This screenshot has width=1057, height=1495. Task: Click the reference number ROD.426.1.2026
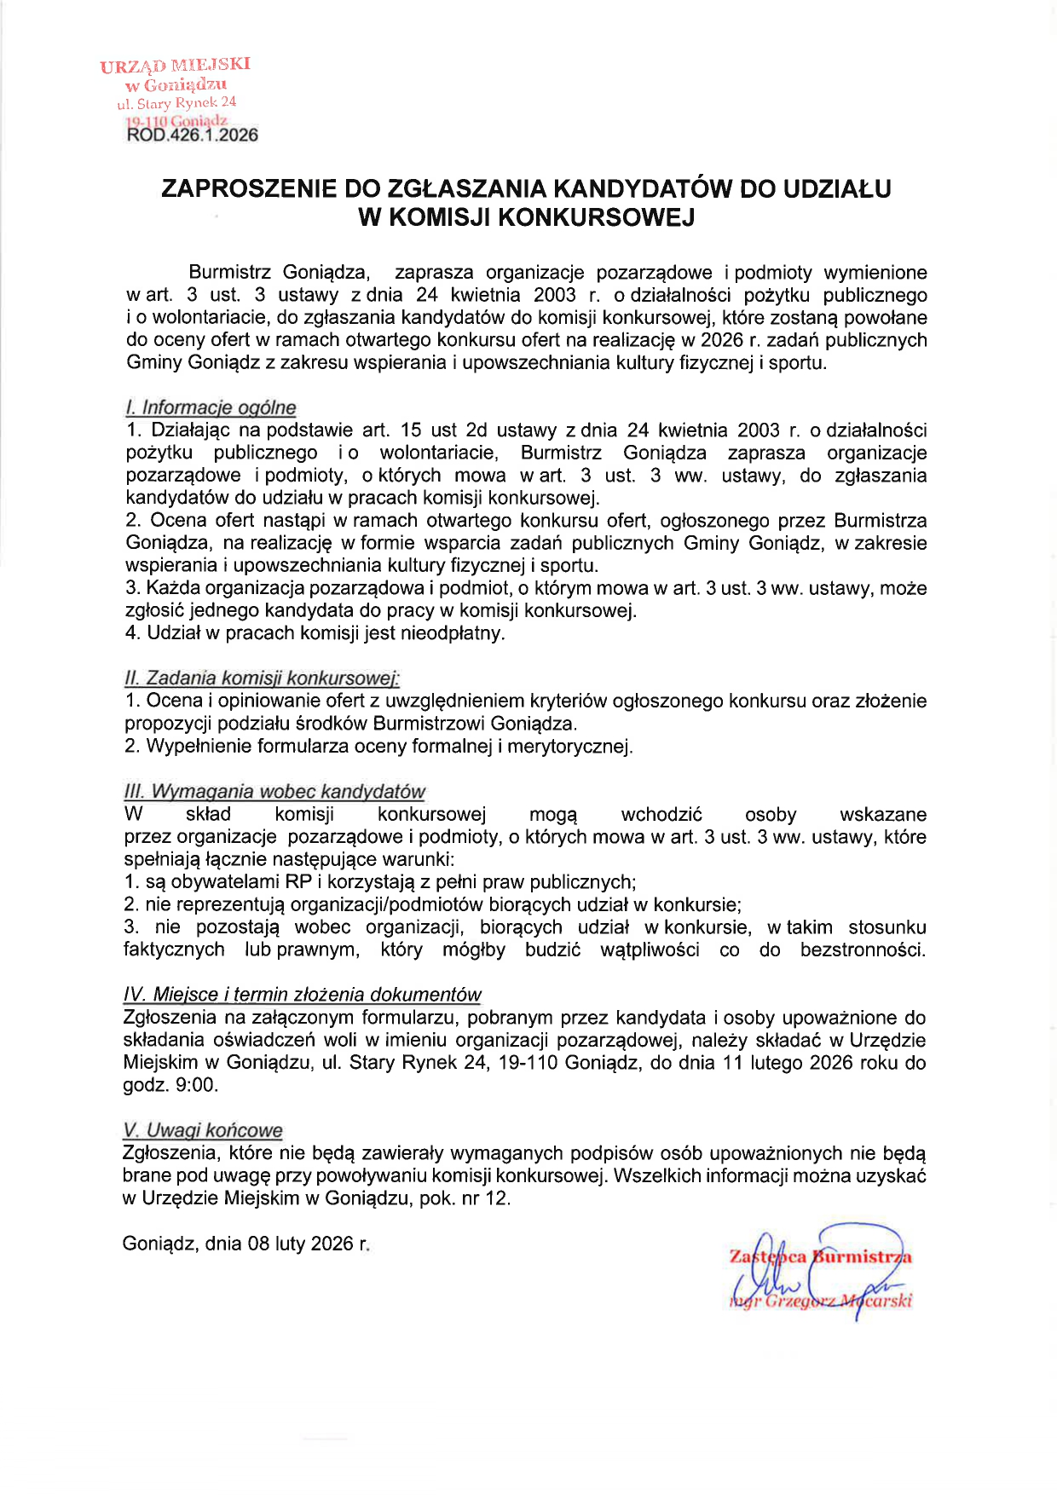192,135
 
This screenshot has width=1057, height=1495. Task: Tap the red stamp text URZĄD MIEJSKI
175,66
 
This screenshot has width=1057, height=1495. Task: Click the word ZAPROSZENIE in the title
250,188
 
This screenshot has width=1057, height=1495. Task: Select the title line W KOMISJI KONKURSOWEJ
526,217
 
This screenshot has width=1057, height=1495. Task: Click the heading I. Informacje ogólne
211,407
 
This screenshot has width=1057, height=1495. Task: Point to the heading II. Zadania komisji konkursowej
262,678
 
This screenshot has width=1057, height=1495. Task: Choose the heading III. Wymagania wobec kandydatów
274,792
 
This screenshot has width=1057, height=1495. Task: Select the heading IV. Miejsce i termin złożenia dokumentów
303,995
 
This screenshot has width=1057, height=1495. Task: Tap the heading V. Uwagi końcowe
203,1130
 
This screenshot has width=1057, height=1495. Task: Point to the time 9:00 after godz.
197,1085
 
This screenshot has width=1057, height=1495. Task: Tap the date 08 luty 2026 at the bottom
299,1244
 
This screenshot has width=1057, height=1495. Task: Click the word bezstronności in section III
862,950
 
